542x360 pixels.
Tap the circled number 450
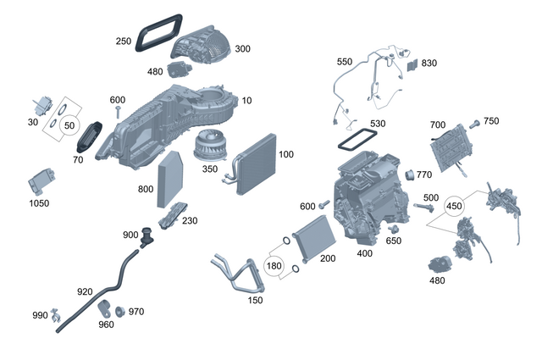(x=454, y=205)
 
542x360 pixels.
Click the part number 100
(x=285, y=155)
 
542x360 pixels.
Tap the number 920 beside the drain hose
(x=85, y=291)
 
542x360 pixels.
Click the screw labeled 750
(x=476, y=125)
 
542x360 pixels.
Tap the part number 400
(x=365, y=253)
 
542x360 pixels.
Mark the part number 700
(x=437, y=125)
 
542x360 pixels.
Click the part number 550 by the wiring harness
(x=344, y=62)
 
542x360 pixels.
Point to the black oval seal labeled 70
(x=94, y=136)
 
